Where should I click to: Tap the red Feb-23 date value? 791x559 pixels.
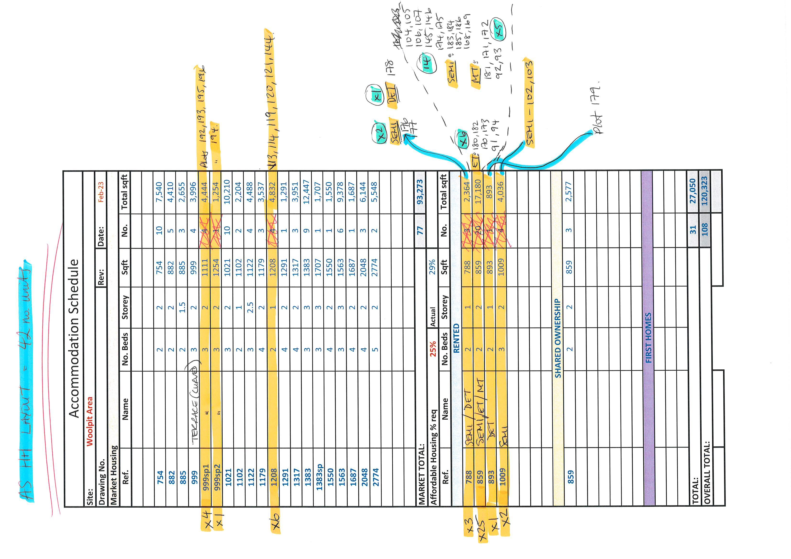pyautogui.click(x=101, y=192)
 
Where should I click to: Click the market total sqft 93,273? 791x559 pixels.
pyautogui.click(x=420, y=192)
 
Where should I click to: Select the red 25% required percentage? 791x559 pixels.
pyautogui.click(x=433, y=349)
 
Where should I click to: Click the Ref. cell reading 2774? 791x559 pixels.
pyautogui.click(x=375, y=477)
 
